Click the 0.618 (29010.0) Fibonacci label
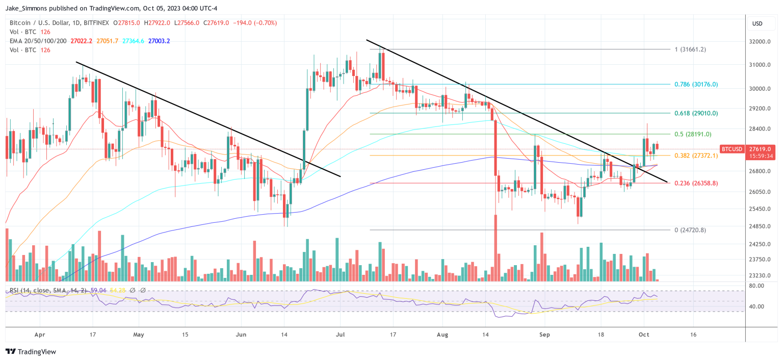(696, 113)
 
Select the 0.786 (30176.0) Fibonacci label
(696, 84)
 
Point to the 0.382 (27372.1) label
(696, 156)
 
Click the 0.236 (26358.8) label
(696, 183)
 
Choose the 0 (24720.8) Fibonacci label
(690, 230)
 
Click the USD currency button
(757, 23)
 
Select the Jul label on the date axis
(341, 335)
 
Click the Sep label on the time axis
(544, 335)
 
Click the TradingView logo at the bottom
(31, 351)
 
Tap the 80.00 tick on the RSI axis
(757, 286)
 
